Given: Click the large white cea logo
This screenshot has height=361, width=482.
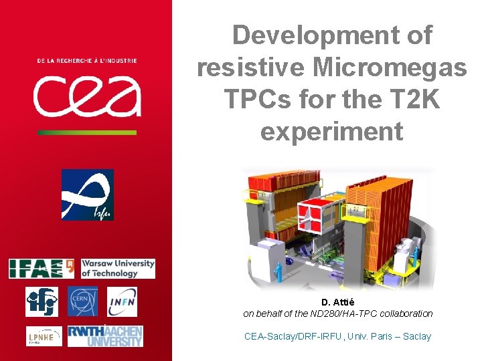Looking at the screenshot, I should [87, 96].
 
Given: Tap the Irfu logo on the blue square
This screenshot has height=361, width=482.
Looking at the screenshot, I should [87, 195].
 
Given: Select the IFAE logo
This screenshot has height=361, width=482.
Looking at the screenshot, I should [42, 268].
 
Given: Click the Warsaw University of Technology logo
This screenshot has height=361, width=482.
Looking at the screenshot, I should [118, 268].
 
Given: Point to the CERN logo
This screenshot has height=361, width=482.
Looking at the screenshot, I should [82, 302].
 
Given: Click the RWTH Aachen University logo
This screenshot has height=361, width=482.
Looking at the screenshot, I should [105, 336].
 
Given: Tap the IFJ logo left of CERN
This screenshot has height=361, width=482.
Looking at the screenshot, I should [42, 302].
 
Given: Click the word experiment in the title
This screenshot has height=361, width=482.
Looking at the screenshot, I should [332, 131].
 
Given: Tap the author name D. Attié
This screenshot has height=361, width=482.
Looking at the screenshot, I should [337, 302].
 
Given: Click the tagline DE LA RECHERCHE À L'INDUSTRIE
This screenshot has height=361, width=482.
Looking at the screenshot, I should [87, 61].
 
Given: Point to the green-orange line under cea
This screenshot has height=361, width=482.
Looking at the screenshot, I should [87, 132].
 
